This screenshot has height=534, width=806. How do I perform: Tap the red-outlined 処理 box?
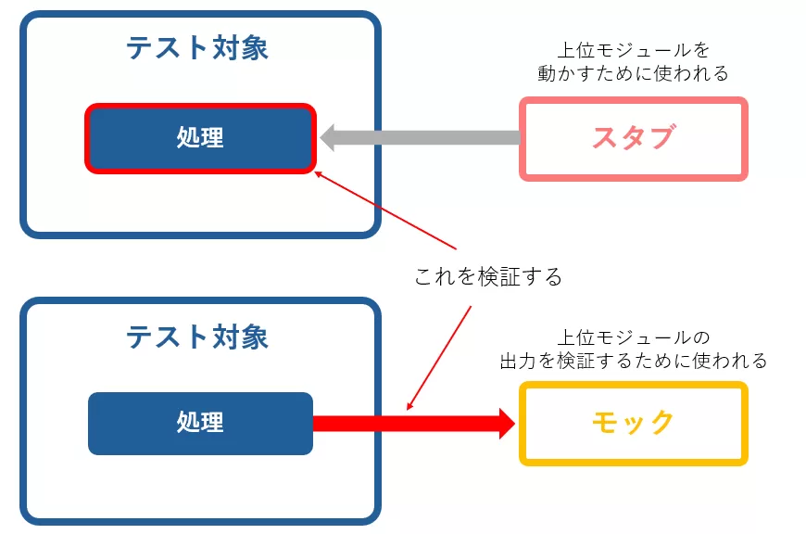pyautogui.click(x=200, y=138)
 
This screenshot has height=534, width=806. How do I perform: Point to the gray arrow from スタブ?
pyautogui.click(x=426, y=138)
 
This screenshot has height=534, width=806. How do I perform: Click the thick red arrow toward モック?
pyautogui.click(x=408, y=423)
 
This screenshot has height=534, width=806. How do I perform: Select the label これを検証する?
pyautogui.click(x=488, y=276)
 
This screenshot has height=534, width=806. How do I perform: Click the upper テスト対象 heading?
pyautogui.click(x=197, y=48)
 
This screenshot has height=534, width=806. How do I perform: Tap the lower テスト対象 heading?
pyautogui.click(x=197, y=336)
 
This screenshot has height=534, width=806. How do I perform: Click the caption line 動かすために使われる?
pyautogui.click(x=634, y=72)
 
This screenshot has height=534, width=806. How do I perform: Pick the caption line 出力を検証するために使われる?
pyautogui.click(x=634, y=360)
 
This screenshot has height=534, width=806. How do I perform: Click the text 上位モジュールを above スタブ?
pyautogui.click(x=634, y=50)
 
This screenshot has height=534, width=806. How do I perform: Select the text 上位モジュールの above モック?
pyautogui.click(x=634, y=337)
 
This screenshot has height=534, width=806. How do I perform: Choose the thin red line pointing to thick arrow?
pyautogui.click(x=439, y=357)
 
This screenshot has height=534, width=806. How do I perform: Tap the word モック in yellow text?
pyautogui.click(x=634, y=423)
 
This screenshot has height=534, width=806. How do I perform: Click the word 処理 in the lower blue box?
pyautogui.click(x=200, y=423)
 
